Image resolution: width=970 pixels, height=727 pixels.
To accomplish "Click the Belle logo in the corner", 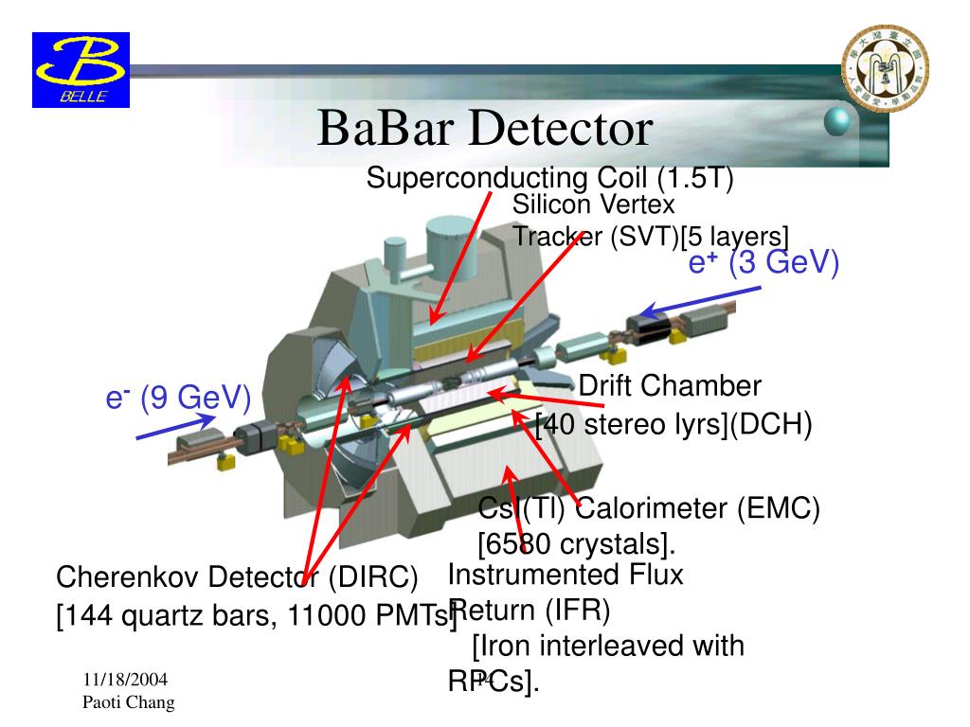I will [81, 68].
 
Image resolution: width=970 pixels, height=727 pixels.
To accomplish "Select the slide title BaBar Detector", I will [485, 129].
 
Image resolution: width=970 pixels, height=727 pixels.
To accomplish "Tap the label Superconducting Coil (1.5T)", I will [550, 178].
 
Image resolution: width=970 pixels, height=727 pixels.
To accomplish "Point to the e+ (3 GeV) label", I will [763, 261].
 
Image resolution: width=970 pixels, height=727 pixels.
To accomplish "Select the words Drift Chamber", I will [670, 385].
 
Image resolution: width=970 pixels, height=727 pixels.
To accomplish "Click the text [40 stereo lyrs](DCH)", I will [674, 425].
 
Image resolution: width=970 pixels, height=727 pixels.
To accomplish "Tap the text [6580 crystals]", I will [575, 545].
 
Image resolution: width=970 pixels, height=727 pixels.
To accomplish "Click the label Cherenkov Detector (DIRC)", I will [237, 576].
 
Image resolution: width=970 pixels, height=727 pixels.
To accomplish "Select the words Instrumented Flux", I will [565, 575].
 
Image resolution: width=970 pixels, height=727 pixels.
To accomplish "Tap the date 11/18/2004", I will [124, 681].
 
